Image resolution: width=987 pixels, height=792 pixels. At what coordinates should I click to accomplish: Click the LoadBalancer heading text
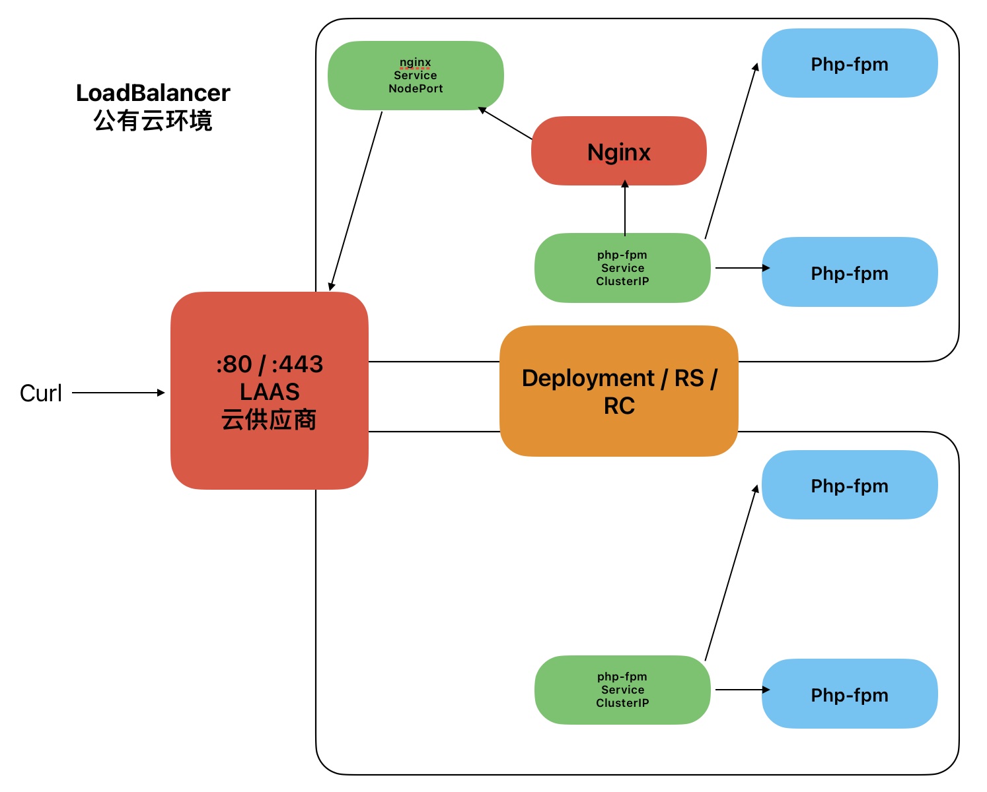coord(153,93)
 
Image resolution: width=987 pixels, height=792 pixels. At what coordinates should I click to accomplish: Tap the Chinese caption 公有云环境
coord(153,121)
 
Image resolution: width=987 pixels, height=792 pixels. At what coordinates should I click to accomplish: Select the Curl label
coord(41,393)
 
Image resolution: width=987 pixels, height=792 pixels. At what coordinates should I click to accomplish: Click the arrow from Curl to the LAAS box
coord(118,393)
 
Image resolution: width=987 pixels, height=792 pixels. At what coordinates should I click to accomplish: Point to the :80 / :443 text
coord(270,364)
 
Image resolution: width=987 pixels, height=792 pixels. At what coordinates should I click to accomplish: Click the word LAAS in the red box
coord(270,392)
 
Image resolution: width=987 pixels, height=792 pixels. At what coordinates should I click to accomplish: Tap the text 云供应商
coord(269,420)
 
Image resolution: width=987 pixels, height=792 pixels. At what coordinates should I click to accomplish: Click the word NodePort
coord(416,88)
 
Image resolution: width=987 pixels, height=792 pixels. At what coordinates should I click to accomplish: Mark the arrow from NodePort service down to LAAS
coord(356,201)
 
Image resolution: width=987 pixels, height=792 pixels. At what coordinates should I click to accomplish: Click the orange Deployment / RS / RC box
coord(618,391)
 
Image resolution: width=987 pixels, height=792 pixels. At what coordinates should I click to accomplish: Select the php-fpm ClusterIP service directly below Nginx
coord(622,268)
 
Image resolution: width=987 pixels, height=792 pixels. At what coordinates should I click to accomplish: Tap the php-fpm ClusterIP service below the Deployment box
coord(622,690)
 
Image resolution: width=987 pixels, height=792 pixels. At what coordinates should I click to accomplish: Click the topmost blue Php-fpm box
coord(850,64)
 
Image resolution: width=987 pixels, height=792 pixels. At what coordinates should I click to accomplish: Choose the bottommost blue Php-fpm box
coord(850,694)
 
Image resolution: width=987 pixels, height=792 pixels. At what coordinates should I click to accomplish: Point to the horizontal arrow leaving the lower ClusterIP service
coord(741,690)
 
